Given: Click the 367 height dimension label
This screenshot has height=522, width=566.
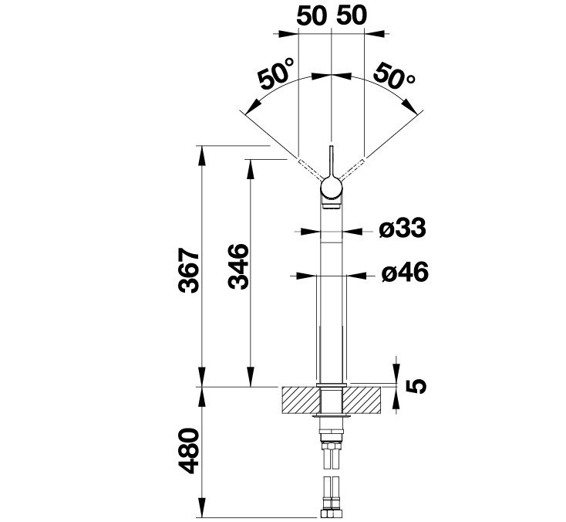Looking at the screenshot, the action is pyautogui.click(x=189, y=270).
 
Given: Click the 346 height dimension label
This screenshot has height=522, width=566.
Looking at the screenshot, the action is pyautogui.click(x=238, y=266).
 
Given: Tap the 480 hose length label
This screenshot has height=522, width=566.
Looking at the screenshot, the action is pyautogui.click(x=189, y=451).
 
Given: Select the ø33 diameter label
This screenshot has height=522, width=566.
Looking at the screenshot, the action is pyautogui.click(x=403, y=229).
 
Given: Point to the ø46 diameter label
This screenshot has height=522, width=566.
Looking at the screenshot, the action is pyautogui.click(x=405, y=272).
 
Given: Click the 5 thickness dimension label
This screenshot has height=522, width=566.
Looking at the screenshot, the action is pyautogui.click(x=416, y=386).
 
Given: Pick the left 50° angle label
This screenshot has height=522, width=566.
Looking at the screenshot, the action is pyautogui.click(x=276, y=74).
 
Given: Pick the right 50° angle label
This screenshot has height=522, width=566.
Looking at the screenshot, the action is pyautogui.click(x=394, y=76).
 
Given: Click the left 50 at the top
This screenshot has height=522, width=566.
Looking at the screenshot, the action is pyautogui.click(x=312, y=16).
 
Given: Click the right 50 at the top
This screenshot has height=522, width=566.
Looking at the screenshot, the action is pyautogui.click(x=352, y=16).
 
